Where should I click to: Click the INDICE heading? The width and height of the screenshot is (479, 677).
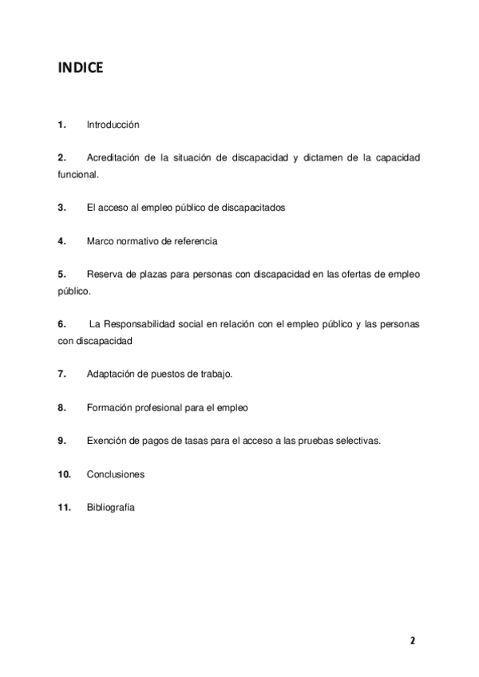pos(80,69)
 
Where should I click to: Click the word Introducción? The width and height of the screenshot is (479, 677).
pos(113,125)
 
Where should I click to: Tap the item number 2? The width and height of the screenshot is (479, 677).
pos(61,158)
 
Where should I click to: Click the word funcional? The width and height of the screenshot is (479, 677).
pos(77,174)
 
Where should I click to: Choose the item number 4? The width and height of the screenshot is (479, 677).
pos(61,240)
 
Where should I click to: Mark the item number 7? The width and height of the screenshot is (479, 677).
pos(61,374)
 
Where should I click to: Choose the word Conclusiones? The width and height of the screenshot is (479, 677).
pos(116,474)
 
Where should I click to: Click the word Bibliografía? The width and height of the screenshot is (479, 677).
pos(111,507)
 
